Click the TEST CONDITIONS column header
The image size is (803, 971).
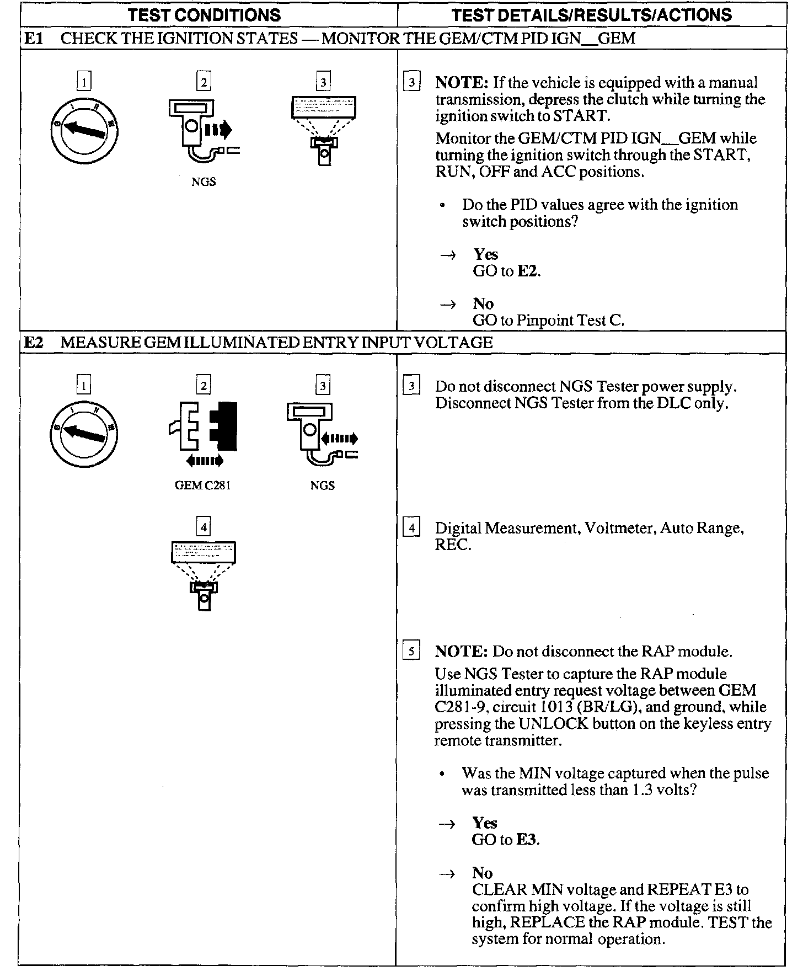point(204,15)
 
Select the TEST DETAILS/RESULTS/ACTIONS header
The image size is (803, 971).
point(591,15)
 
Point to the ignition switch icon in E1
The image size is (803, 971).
point(84,130)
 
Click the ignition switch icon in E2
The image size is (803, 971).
point(84,434)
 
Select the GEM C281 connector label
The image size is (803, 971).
point(202,486)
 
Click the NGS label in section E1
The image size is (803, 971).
point(204,182)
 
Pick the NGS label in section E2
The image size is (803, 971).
point(323,486)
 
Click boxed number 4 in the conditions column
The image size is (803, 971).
point(204,527)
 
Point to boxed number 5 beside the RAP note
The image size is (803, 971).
point(411,652)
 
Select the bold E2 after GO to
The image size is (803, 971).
point(528,271)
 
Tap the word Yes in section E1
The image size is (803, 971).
point(485,254)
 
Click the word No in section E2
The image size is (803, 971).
point(482,873)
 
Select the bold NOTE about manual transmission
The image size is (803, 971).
point(461,83)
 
